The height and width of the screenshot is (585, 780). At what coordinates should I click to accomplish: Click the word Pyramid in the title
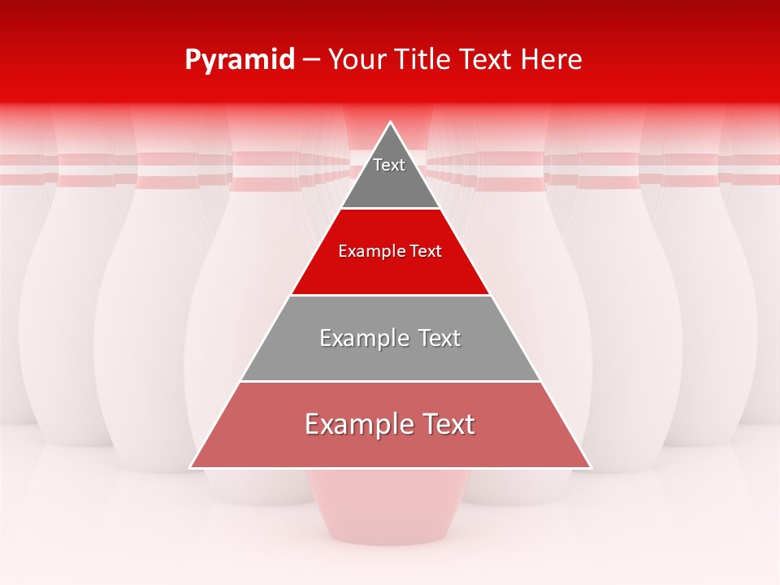coord(239,60)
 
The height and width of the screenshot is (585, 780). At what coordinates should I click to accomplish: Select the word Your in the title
coord(356,59)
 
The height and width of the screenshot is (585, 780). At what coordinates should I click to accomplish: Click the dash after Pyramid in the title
coord(311,60)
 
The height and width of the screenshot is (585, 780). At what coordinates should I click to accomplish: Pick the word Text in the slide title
coord(486,59)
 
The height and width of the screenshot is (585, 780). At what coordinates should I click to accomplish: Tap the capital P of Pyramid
coord(193,59)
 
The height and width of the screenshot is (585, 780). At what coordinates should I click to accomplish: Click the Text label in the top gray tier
coord(389,165)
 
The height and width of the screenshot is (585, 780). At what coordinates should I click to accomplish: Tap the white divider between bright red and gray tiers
coord(390,295)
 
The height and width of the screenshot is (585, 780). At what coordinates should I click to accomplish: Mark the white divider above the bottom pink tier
coord(390,381)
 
